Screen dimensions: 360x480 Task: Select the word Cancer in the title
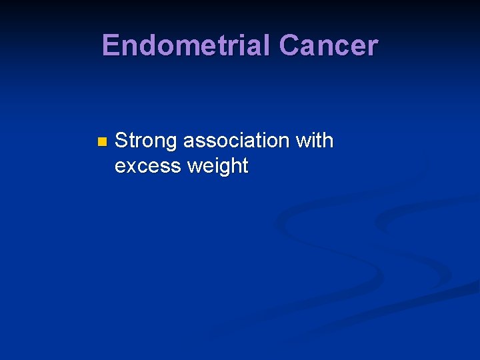coord(329,45)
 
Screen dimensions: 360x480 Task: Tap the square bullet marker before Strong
coord(101,141)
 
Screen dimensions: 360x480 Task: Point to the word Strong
coord(146,141)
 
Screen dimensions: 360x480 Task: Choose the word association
coord(236,141)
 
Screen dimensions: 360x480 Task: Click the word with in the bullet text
coord(314,141)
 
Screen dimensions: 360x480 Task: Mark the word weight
coord(218,166)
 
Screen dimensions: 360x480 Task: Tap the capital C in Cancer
coord(289,45)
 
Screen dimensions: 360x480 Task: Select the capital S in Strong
coord(121,141)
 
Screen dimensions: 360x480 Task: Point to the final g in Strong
coord(172,143)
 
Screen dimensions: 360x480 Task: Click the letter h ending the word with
coord(328,141)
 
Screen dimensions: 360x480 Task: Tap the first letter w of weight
coord(195,166)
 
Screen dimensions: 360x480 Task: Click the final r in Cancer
coord(373,47)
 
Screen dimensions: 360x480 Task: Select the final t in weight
coord(245,166)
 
